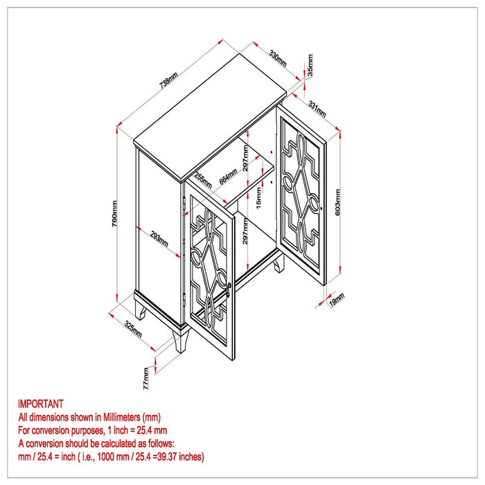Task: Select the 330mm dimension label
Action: coord(277,58)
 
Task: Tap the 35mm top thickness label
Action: coord(310,65)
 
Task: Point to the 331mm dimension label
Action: coord(317,109)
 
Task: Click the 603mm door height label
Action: coord(337,202)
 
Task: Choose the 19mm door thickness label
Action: coord(337,299)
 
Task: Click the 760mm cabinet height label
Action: coord(114,213)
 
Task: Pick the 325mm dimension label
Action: coord(133,329)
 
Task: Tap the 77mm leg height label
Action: coord(146,378)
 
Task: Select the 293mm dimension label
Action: coord(159,239)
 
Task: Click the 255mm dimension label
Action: coord(203,180)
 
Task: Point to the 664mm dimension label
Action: coord(228,177)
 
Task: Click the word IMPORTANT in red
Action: coord(40,404)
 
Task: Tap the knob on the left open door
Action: coord(229,289)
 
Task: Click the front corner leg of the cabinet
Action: coord(182,342)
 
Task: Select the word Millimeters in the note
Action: coord(121,417)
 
